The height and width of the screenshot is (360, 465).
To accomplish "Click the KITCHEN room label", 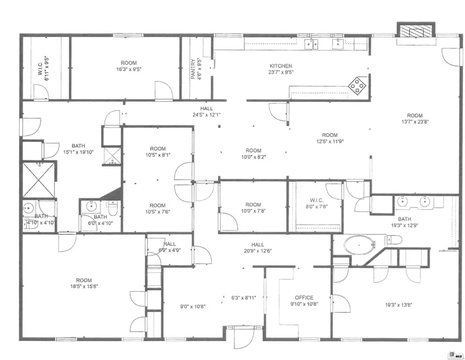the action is coord(280,66).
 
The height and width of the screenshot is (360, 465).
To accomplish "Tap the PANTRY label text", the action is coord(193,69).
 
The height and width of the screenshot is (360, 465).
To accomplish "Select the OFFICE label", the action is coord(304,297).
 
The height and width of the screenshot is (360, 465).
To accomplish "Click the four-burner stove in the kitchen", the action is coord(357,86).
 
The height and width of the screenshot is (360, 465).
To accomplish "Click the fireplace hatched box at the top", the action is coord(416,30).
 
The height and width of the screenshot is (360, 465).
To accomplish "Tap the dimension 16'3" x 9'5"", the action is coord(129,69).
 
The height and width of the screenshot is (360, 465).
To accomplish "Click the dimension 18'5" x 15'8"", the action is coord(84,286).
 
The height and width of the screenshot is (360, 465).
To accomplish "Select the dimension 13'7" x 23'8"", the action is coord(415,121).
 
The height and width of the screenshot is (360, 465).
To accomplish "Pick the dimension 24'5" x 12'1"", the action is coord(207,114).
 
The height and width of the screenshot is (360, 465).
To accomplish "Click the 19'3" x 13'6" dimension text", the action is coord(399,305).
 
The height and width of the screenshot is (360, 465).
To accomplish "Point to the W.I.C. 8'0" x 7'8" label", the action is coord(317,203).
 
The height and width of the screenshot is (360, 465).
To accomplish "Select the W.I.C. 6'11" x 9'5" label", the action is coord(44,68).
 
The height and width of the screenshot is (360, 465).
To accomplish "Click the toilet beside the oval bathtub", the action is coord(393,240).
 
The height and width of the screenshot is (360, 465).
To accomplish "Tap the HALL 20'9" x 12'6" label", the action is coord(258,247).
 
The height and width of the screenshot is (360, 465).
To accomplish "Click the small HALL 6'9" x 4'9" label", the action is coord(170,247).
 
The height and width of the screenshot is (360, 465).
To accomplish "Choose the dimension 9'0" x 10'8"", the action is coord(193,307).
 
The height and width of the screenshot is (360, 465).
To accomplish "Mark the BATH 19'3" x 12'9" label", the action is coord(405,222).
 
